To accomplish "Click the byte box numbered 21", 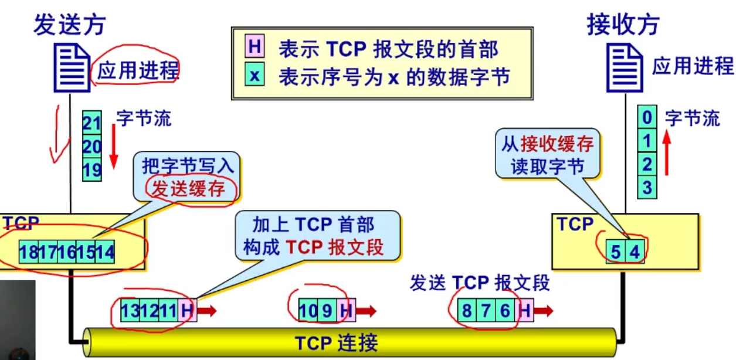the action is click(x=92, y=123).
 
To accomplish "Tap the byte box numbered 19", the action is click(x=92, y=169).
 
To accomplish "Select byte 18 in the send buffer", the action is click(x=29, y=253).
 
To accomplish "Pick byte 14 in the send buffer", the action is click(x=105, y=253).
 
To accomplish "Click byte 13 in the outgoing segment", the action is click(x=130, y=310).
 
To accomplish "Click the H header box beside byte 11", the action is click(x=187, y=310).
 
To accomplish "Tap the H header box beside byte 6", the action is click(x=524, y=310).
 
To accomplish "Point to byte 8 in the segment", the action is click(x=466, y=310).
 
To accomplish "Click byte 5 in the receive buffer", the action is click(x=615, y=253).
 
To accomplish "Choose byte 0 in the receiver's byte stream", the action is click(x=646, y=118).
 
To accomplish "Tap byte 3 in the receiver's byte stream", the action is click(x=646, y=188).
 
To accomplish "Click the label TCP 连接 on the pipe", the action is click(x=335, y=342).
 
